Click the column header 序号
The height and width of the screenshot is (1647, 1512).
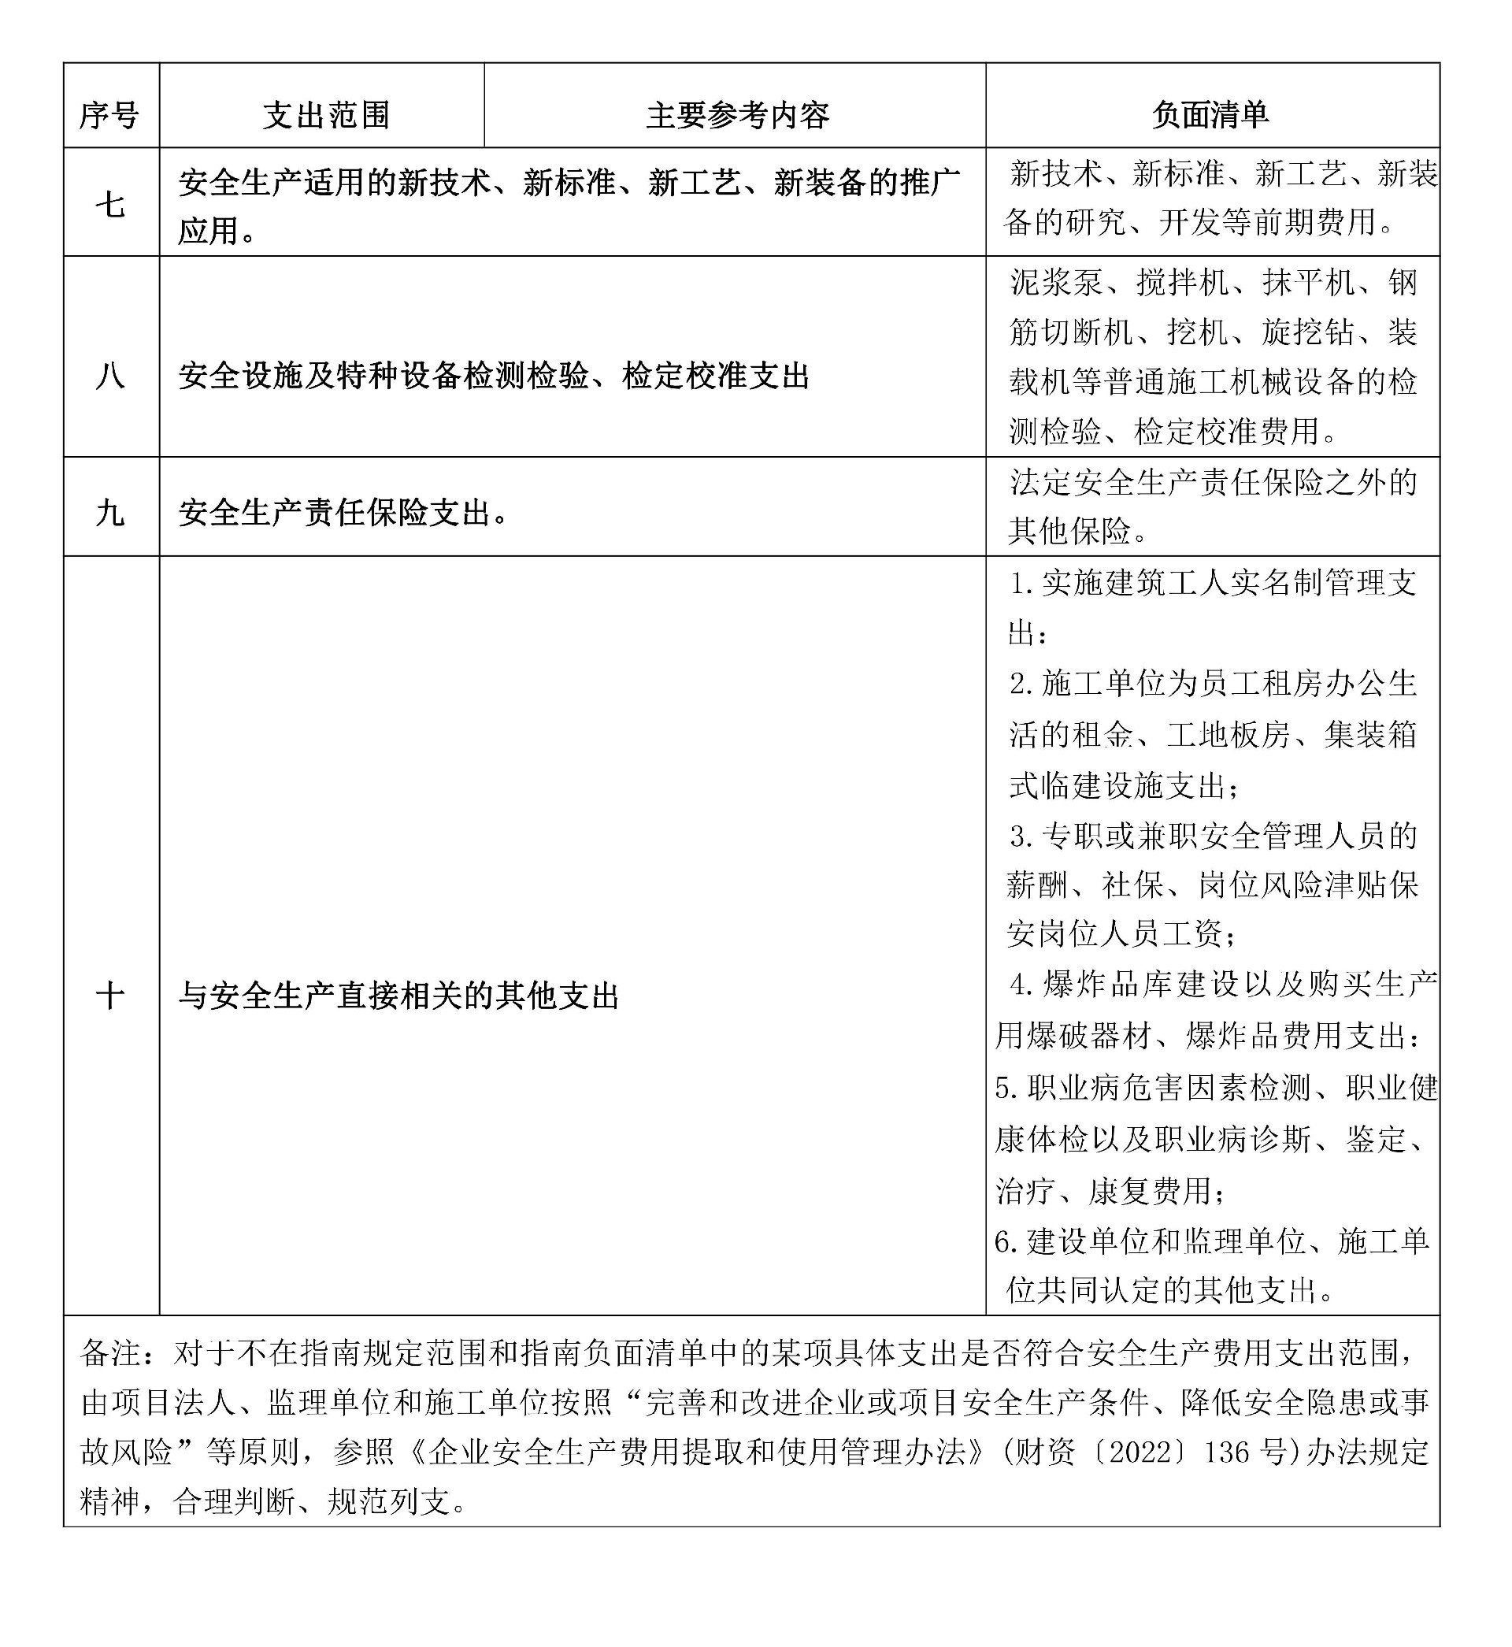coord(109,115)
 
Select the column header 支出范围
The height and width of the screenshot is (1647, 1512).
coord(326,115)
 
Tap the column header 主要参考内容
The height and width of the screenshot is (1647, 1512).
coord(737,115)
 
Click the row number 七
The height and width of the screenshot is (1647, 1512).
coord(109,205)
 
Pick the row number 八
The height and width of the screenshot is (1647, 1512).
coord(109,377)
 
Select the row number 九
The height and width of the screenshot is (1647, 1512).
coord(109,513)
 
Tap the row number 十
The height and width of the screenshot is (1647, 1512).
coord(109,996)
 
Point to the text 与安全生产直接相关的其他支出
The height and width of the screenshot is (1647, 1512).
coord(398,996)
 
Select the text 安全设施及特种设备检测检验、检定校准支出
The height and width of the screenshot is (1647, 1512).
coord(493,377)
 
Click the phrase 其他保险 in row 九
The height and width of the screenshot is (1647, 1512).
coord(1070,532)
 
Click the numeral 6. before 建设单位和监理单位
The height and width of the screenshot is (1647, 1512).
coord(1007,1242)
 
